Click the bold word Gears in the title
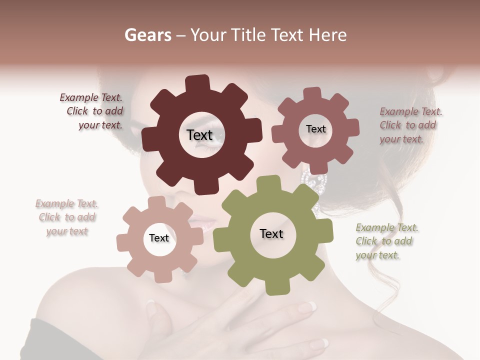point(147,35)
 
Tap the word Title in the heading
point(249,35)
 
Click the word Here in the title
point(327,35)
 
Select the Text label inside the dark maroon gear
point(199,135)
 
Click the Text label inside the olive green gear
point(271,233)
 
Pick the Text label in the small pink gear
point(159,238)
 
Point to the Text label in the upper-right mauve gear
point(315,129)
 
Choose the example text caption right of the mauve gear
point(410,125)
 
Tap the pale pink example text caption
point(66,217)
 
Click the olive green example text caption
point(386,241)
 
